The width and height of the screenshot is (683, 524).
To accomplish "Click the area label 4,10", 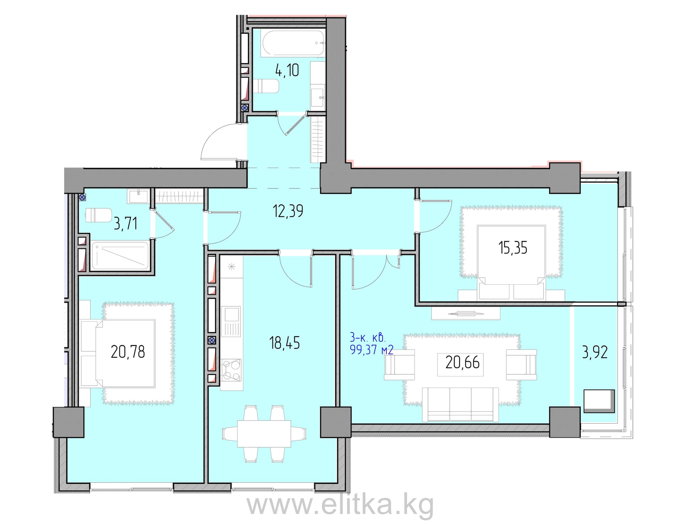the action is click(x=287, y=70).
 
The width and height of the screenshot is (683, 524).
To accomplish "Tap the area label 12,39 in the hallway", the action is click(x=288, y=211).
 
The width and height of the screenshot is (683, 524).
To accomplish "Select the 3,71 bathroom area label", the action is click(x=125, y=224).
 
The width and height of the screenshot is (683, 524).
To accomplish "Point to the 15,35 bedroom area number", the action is click(x=513, y=247).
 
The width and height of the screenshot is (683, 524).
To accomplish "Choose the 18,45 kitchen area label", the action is click(x=285, y=343).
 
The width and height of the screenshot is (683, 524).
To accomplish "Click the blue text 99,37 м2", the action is click(x=372, y=350).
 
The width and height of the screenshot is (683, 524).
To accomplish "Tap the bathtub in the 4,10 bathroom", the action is click(x=292, y=43).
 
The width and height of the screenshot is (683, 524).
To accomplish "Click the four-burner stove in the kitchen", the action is click(x=231, y=370).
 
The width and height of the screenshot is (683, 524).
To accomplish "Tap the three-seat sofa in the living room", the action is click(x=461, y=405).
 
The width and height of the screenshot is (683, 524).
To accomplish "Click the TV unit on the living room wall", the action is click(x=466, y=313).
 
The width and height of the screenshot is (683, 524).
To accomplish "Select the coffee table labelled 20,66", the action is click(x=460, y=363).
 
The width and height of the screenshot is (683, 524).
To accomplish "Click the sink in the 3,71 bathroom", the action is click(x=138, y=196).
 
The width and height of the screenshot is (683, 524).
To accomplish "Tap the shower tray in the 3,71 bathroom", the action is click(x=120, y=256).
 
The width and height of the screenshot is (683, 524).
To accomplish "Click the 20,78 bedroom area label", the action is click(x=128, y=352).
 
